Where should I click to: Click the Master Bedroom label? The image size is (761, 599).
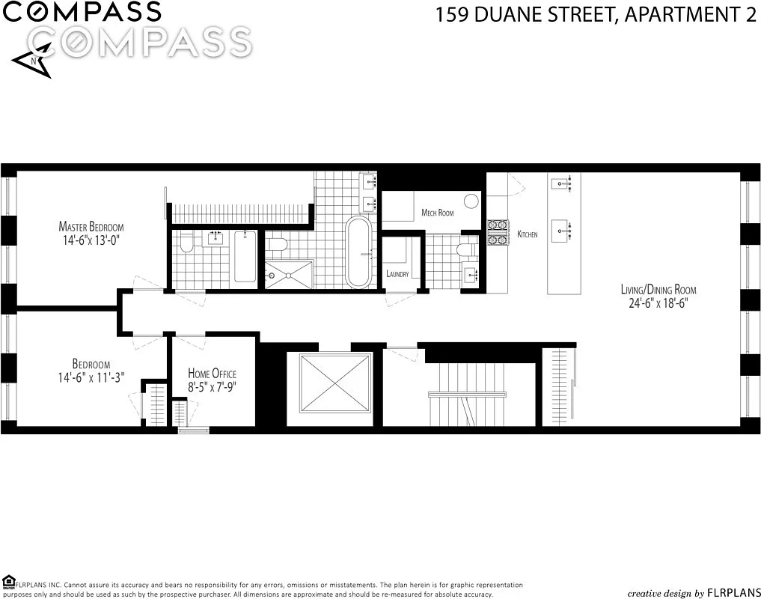point(91,227)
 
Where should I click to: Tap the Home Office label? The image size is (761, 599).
point(212,374)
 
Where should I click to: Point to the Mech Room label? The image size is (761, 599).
point(437,213)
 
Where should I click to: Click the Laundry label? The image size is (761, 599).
point(397,274)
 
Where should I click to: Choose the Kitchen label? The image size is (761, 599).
point(528,235)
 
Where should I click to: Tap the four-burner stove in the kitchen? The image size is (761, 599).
point(497,232)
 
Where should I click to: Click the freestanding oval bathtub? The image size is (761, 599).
point(358,252)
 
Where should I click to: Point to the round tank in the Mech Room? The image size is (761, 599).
point(471,201)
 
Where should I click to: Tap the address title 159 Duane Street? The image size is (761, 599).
point(596,15)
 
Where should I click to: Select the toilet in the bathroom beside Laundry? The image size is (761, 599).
point(466,249)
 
